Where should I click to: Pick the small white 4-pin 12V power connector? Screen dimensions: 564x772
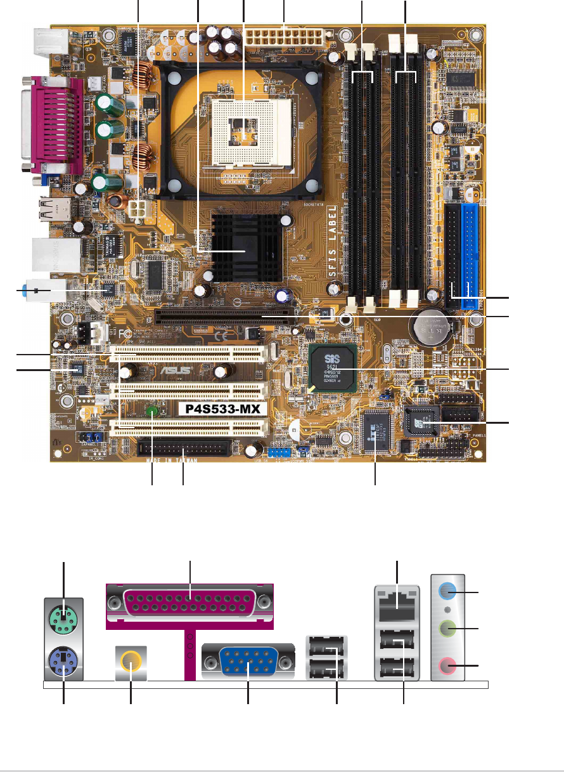coord(139,209)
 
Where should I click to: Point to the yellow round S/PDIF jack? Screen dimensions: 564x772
coord(131,663)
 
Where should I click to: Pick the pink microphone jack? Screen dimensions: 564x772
coord(449,665)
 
